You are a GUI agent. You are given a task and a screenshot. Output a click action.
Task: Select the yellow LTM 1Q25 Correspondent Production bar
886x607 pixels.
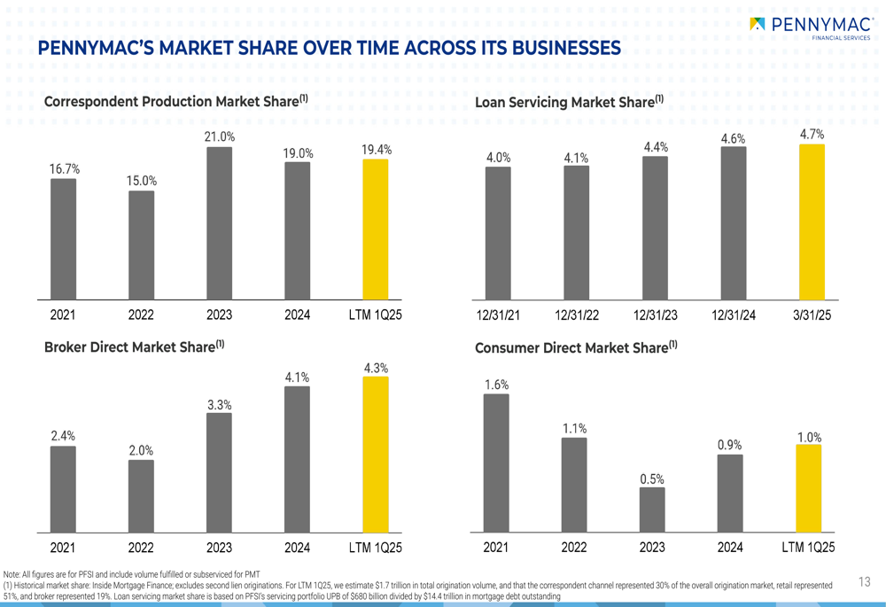376,230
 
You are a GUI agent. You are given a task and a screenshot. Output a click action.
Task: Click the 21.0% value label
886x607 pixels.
220,136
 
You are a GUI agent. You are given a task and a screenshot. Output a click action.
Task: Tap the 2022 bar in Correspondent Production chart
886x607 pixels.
141,245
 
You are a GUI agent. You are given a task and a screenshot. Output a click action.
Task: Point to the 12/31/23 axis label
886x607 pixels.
656,315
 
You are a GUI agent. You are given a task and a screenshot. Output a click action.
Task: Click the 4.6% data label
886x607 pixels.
733,138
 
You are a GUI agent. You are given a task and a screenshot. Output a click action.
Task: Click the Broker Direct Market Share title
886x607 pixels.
134,346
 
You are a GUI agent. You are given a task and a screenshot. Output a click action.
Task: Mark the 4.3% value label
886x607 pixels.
376,368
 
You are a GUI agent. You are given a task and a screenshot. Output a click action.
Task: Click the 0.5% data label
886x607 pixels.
652,479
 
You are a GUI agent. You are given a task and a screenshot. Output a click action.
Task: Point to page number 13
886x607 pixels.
865,581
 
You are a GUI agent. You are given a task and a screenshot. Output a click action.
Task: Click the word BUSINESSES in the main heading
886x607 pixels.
556,48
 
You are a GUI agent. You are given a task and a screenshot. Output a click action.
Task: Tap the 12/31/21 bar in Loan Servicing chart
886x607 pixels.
498,233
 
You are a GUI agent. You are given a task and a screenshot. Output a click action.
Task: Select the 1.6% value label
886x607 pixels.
496,385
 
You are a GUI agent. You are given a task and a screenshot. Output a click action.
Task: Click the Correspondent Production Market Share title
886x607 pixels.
175,101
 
